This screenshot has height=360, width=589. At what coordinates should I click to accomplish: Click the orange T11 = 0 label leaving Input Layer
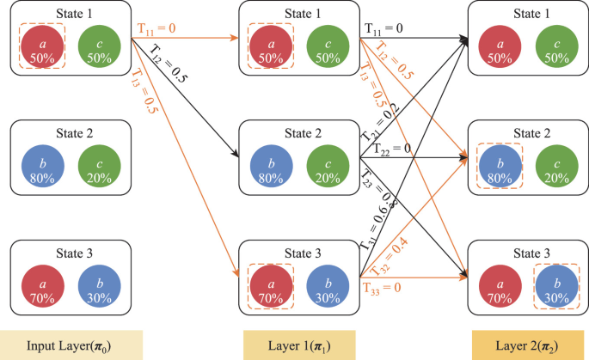(156, 28)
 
